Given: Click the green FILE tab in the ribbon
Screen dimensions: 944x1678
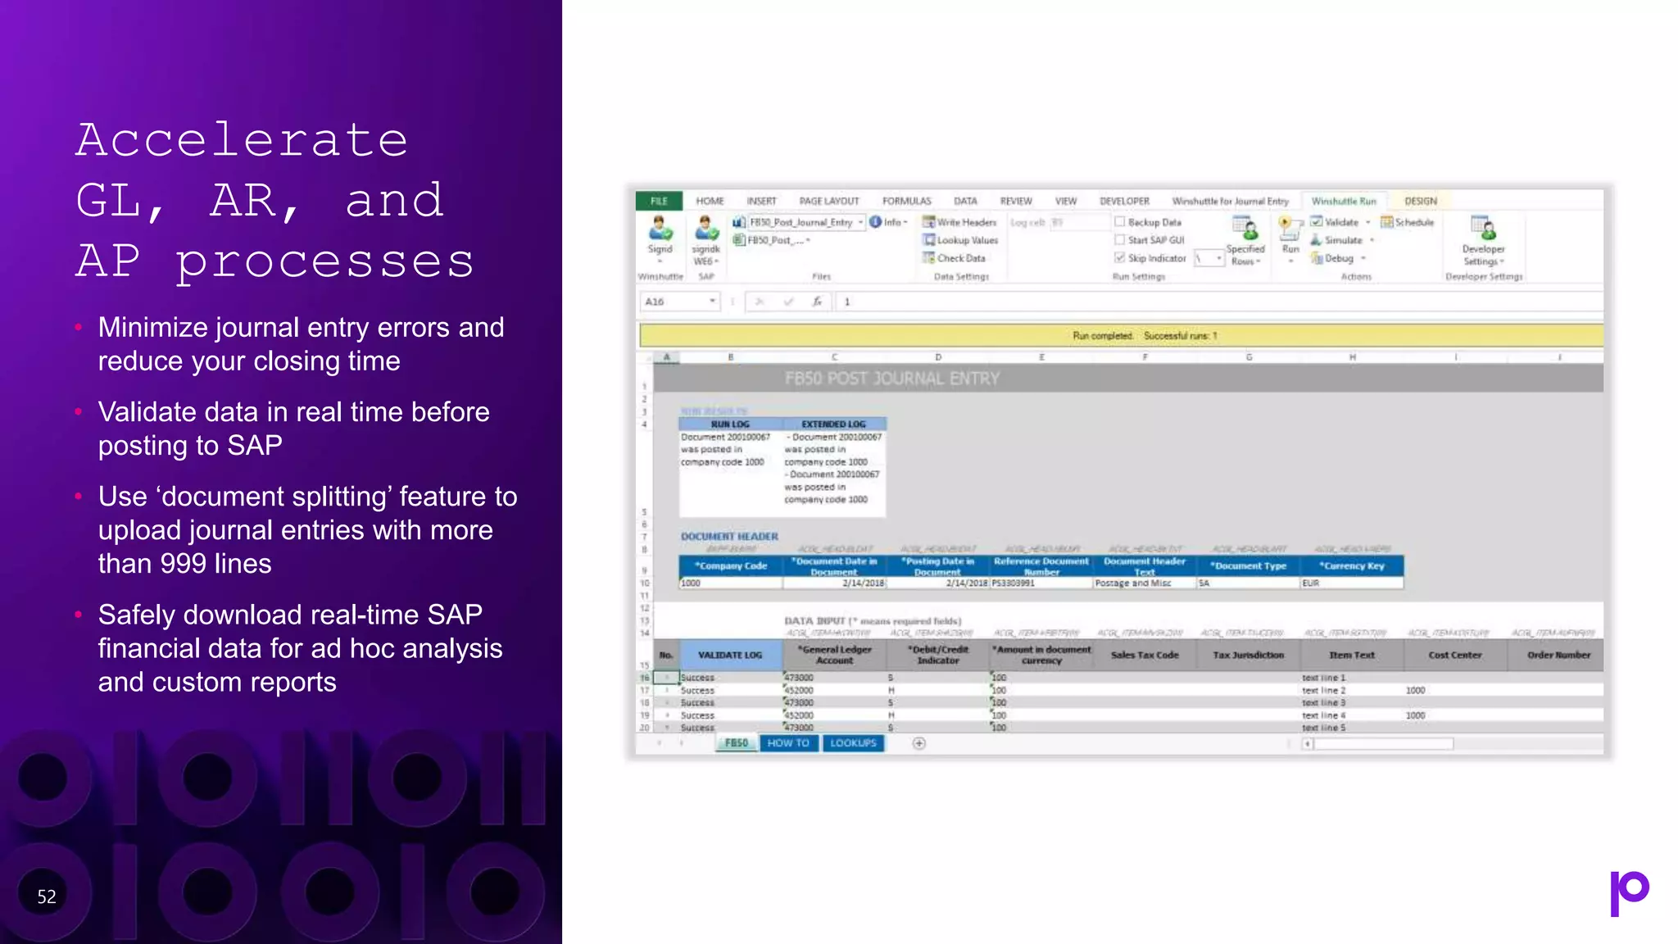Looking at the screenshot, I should pos(659,201).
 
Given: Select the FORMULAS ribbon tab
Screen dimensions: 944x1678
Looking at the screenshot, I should pos(906,201).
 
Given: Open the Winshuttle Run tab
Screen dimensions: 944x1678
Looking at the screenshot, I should pos(1344,201).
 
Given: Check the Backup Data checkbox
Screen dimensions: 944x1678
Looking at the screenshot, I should pos(1120,222).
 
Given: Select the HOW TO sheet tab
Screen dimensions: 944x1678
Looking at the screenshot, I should pos(788,743).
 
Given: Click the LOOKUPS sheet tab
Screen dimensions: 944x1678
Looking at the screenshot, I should pos(853,743).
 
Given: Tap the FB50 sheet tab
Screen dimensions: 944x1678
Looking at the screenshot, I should pos(736,743).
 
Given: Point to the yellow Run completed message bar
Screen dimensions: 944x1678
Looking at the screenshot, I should pos(1121,336).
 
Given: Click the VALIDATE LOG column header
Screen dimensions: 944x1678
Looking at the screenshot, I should pos(729,655).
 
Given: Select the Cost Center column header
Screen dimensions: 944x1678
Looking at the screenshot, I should pos(1454,655).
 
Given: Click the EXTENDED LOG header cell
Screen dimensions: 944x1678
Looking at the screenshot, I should pos(833,424).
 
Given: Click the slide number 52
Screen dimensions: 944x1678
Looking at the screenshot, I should pos(47,896).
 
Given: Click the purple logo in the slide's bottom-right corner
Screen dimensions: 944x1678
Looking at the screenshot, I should pos(1629,892).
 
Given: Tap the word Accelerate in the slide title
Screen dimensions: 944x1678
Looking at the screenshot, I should pos(242,140).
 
